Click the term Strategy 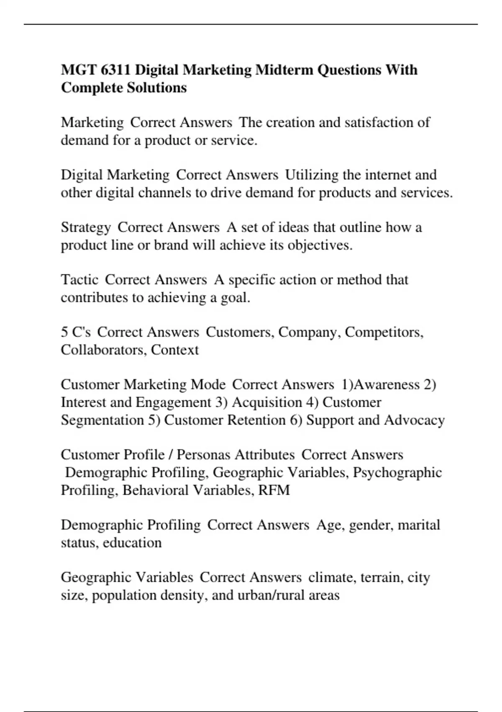86,227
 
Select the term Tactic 79,280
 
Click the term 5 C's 76,332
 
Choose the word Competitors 384,332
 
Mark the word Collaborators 103,350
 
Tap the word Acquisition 266,402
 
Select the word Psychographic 397,472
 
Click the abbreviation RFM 274,490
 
